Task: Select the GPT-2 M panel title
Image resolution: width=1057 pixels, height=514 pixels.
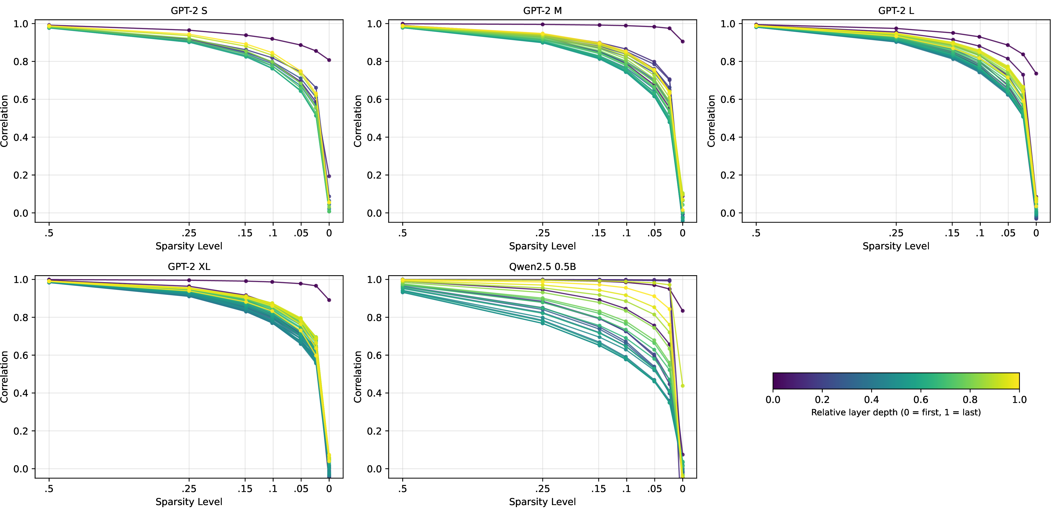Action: coord(542,11)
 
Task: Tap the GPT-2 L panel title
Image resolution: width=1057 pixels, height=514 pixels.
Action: coord(896,11)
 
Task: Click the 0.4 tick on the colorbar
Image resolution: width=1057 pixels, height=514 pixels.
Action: coord(872,400)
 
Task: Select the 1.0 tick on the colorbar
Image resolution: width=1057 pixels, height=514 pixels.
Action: coord(1019,400)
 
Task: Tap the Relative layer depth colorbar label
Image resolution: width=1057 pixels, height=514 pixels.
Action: coord(896,412)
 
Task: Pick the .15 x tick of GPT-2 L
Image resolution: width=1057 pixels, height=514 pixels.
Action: coord(952,233)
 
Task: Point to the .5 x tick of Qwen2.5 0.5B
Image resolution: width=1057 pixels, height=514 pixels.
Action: coord(403,489)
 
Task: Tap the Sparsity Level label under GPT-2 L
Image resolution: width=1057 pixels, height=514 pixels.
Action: coord(896,246)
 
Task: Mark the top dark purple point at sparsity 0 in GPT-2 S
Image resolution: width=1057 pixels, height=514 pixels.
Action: coord(329,60)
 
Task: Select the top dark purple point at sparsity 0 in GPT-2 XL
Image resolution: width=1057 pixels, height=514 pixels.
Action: coord(329,300)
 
